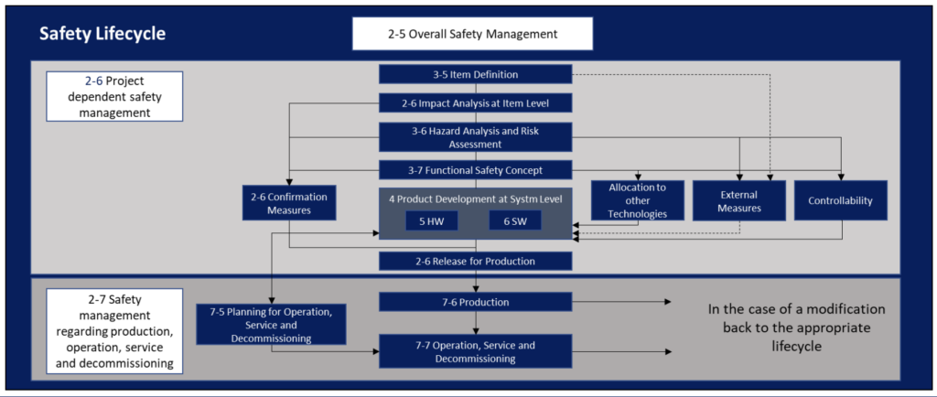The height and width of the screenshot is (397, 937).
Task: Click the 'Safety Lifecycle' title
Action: click(102, 35)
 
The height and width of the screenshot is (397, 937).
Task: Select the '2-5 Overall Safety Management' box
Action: click(472, 34)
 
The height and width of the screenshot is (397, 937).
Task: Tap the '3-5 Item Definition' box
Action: click(476, 75)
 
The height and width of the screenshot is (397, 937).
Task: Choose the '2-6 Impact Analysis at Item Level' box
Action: click(476, 103)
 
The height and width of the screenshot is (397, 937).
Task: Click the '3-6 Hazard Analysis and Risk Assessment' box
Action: click(476, 137)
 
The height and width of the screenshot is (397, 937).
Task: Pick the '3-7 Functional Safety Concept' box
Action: click(476, 169)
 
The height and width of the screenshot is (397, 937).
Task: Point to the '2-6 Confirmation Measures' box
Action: click(288, 202)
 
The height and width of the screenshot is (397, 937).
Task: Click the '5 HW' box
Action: click(432, 220)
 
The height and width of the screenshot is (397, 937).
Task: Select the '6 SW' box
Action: click(514, 220)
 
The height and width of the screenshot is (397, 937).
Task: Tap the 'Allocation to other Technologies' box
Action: click(637, 200)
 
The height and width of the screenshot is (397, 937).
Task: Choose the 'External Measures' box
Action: click(739, 200)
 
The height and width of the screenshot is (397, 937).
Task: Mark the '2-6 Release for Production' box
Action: click(476, 261)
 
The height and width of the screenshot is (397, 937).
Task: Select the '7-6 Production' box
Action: click(476, 302)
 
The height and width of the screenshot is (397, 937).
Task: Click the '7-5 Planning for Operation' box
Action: click(271, 324)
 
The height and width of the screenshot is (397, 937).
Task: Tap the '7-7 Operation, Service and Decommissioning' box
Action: click(476, 352)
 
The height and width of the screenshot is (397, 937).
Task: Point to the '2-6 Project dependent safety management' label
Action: click(104, 96)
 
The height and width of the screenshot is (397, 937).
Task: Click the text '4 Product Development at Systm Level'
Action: click(476, 198)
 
